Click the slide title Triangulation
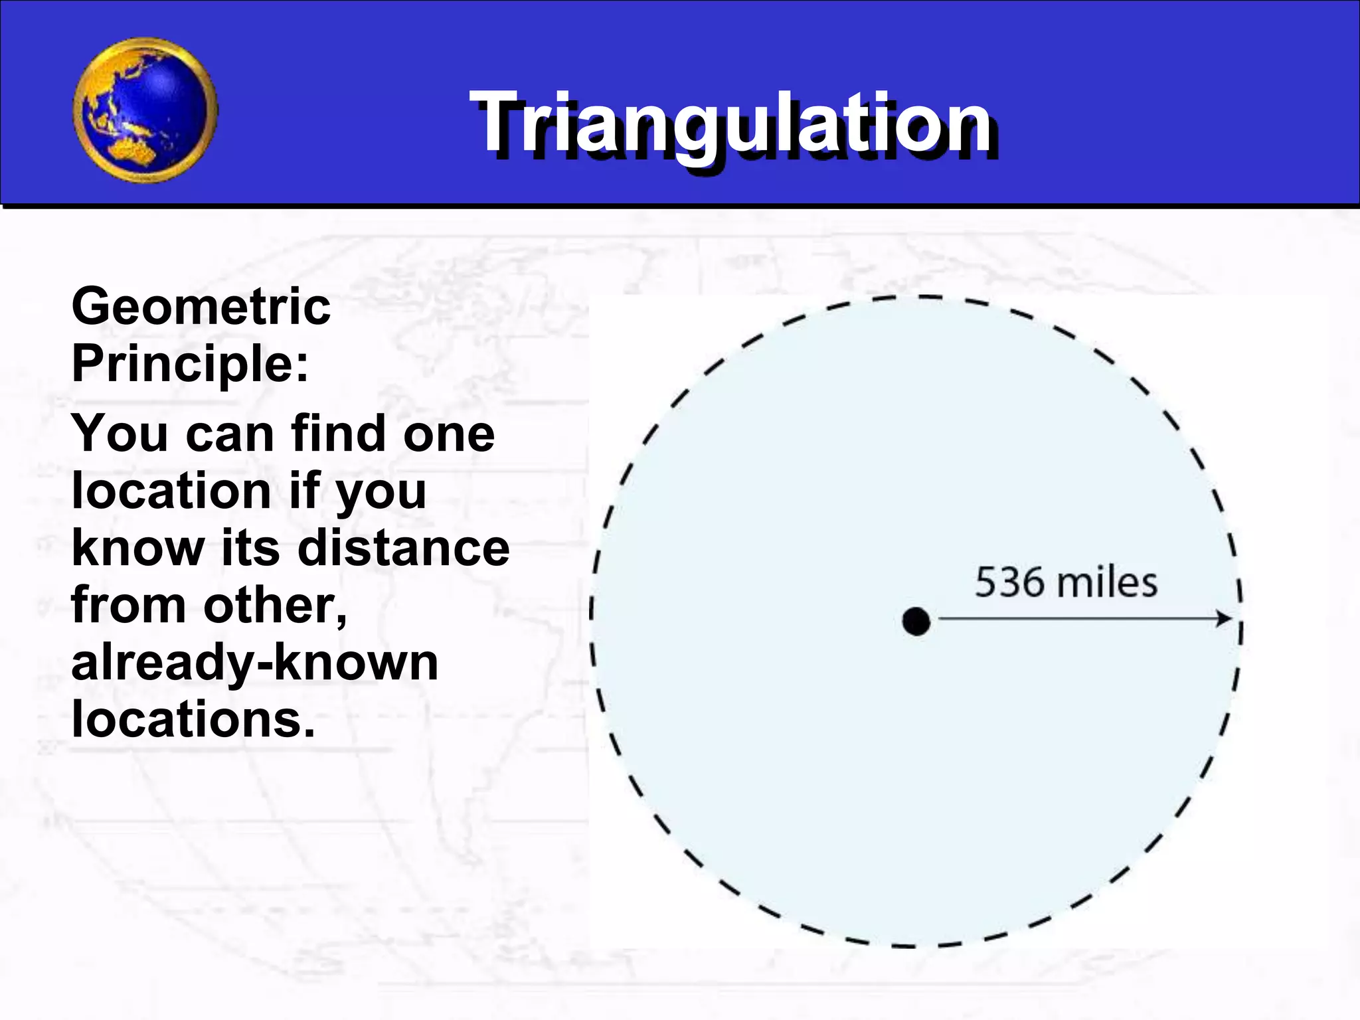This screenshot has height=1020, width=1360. coord(730,124)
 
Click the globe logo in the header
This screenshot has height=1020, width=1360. coord(145,110)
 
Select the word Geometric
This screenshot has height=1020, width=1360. coord(201,307)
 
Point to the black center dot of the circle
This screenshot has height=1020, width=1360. coord(916,622)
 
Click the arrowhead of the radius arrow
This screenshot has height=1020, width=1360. coord(1223,619)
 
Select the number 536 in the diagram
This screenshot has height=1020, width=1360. coord(1009,582)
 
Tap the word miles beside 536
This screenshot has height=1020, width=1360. coord(1107,582)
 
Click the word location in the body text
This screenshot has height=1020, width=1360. coord(171,491)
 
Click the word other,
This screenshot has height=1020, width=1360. coord(275,606)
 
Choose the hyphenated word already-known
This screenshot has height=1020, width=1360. coord(255,663)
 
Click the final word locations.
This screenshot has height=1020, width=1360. coord(193,720)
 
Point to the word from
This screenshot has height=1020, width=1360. coord(129,606)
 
